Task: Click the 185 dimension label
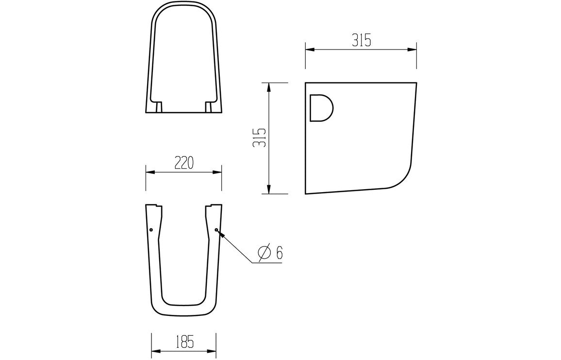[x=184, y=342]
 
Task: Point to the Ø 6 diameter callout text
[x=270, y=253]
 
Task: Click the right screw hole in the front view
[x=216, y=229]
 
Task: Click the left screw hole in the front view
[x=151, y=229]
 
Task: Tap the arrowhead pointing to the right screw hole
[x=221, y=233]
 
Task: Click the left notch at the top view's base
[x=158, y=106]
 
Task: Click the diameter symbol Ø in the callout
[x=264, y=253]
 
